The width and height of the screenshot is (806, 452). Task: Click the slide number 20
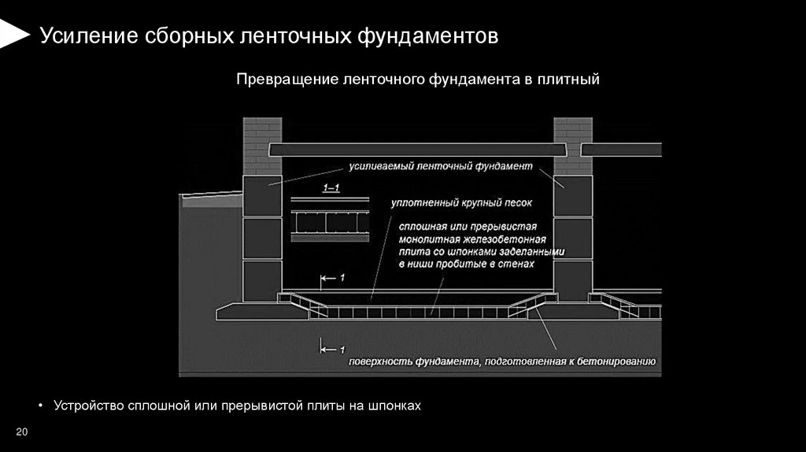(x=21, y=432)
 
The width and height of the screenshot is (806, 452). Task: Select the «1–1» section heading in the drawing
(x=331, y=188)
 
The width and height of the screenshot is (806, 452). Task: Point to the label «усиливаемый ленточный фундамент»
(x=439, y=167)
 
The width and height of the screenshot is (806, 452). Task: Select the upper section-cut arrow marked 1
(x=331, y=277)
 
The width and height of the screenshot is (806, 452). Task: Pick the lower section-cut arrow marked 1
(x=331, y=347)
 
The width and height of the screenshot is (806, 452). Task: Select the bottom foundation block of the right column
(x=573, y=280)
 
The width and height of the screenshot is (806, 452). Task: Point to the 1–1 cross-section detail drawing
(x=331, y=221)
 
